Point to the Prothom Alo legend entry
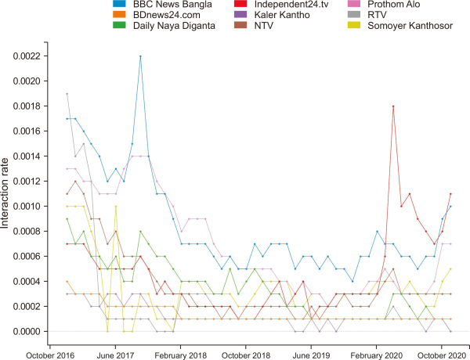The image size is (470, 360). tap(374, 7)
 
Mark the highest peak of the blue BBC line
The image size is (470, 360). tap(140, 56)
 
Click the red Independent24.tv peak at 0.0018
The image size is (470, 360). tap(393, 106)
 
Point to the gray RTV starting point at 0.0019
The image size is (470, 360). tap(67, 94)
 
